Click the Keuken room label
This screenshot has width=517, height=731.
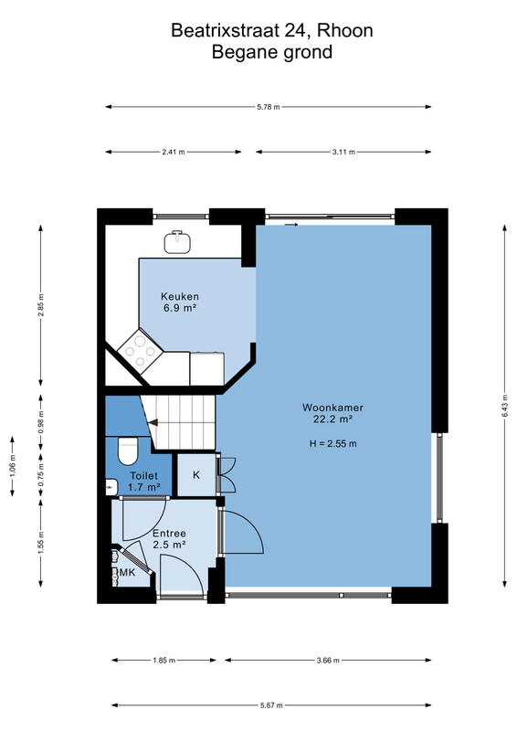179,296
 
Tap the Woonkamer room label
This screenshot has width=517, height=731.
332,408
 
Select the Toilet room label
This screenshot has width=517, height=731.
143,476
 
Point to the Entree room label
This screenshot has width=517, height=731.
169,534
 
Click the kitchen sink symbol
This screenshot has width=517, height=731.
177,241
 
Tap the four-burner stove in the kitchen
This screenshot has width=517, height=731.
140,352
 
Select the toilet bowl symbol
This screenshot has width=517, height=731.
128,450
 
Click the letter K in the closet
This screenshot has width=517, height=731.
196,474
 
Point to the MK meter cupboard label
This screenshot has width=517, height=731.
127,572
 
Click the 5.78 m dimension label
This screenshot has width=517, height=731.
268,107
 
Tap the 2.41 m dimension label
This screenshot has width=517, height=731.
174,152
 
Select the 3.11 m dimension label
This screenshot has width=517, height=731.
343,152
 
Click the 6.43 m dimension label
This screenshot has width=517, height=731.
505,406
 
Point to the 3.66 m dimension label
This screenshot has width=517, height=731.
328,660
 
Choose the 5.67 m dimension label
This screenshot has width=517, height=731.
271,705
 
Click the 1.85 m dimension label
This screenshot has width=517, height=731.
164,660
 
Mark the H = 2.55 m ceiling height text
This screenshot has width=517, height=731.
332,444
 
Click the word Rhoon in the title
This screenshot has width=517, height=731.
345,31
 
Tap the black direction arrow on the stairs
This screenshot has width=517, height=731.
153,423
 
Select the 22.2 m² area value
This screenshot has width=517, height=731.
332,418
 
